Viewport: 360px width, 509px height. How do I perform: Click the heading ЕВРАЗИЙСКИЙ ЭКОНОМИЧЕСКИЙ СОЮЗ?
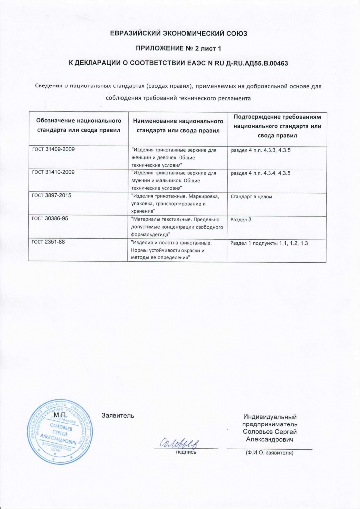click(180, 34)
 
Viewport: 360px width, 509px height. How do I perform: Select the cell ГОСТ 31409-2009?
click(53, 149)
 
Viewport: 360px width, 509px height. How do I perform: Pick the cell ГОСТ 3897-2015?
click(52, 196)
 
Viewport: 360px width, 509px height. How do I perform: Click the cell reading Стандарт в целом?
click(252, 197)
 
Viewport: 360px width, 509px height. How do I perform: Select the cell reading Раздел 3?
click(242, 220)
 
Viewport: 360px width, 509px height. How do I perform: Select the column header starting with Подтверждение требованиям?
click(277, 125)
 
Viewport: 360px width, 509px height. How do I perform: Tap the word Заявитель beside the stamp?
click(118, 415)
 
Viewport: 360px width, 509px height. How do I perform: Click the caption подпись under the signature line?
click(186, 452)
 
